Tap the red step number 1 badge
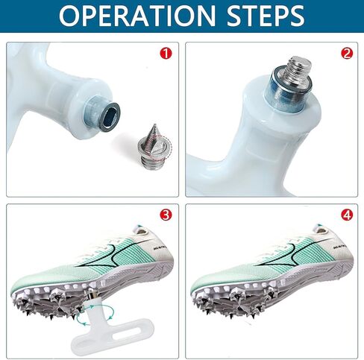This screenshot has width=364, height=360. (166, 54)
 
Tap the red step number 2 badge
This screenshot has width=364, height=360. (345, 54)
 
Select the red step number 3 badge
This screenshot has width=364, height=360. (166, 215)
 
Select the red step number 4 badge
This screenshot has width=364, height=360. (345, 215)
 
